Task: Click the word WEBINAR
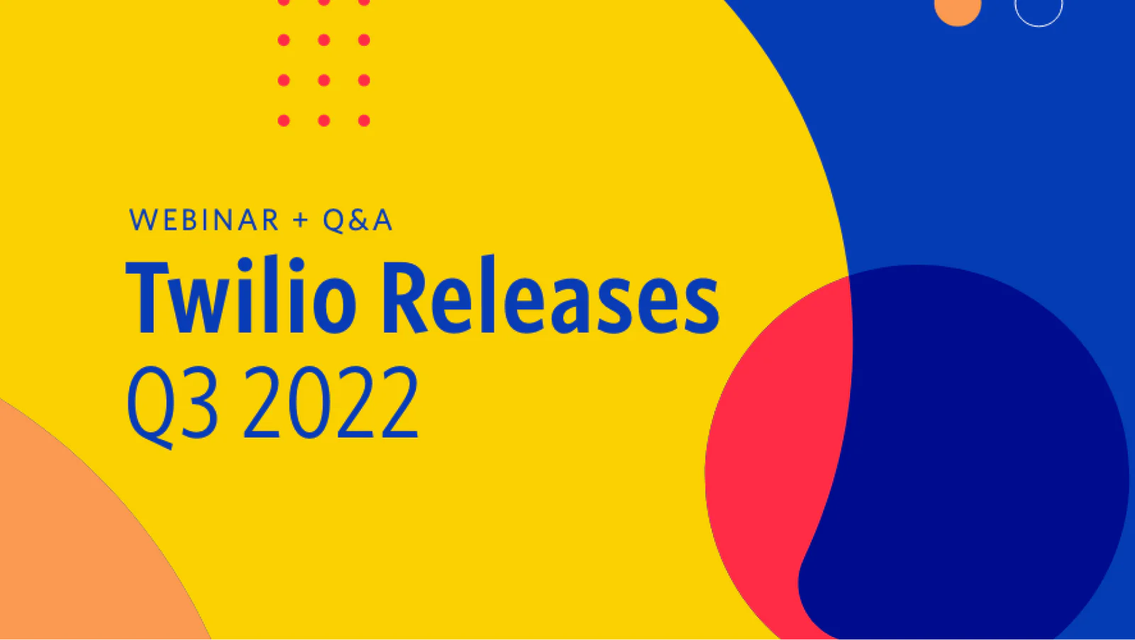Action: tap(204, 221)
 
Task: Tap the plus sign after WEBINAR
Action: tap(301, 221)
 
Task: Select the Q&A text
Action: tap(358, 221)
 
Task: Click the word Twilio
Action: tap(241, 298)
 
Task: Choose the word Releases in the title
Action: tap(550, 298)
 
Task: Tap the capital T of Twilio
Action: tap(148, 298)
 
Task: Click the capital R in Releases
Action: tap(406, 298)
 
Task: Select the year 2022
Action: tap(331, 403)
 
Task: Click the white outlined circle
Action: tap(1039, 10)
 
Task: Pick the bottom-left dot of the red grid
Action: tap(284, 121)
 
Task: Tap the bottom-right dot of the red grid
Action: tap(364, 121)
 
